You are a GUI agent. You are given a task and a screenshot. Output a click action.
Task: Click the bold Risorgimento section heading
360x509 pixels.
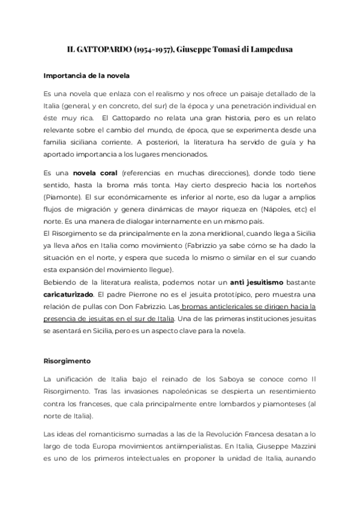(x=67, y=362)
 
